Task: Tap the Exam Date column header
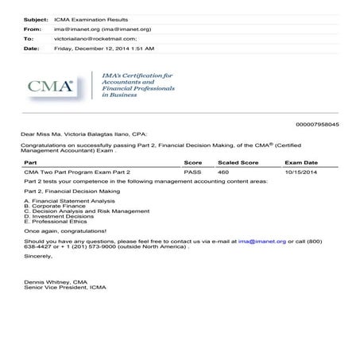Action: (x=302, y=162)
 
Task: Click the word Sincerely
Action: (x=39, y=255)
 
